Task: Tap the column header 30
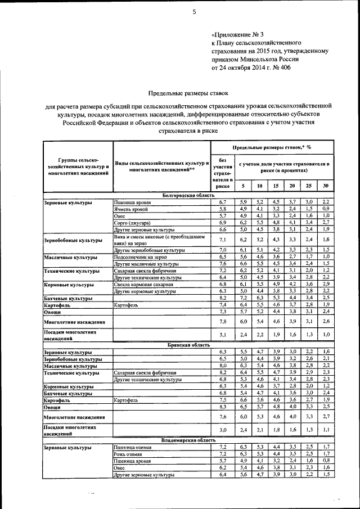(326, 186)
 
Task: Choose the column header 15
(276, 186)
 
